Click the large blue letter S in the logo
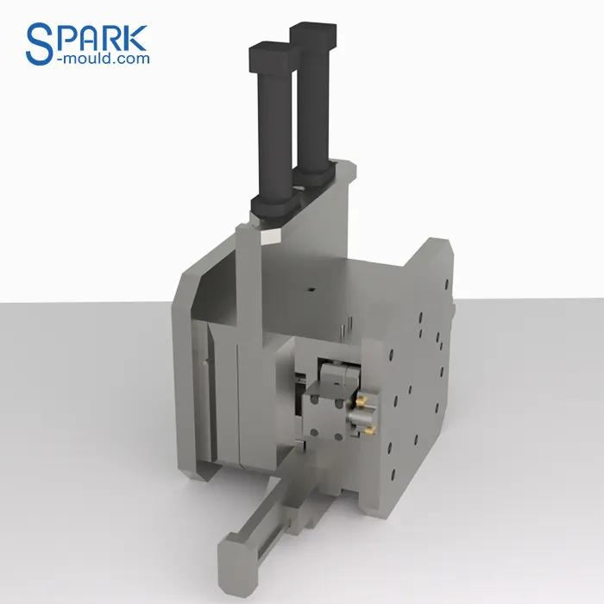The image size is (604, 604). click(x=41, y=43)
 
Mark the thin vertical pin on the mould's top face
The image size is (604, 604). click(x=343, y=328)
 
